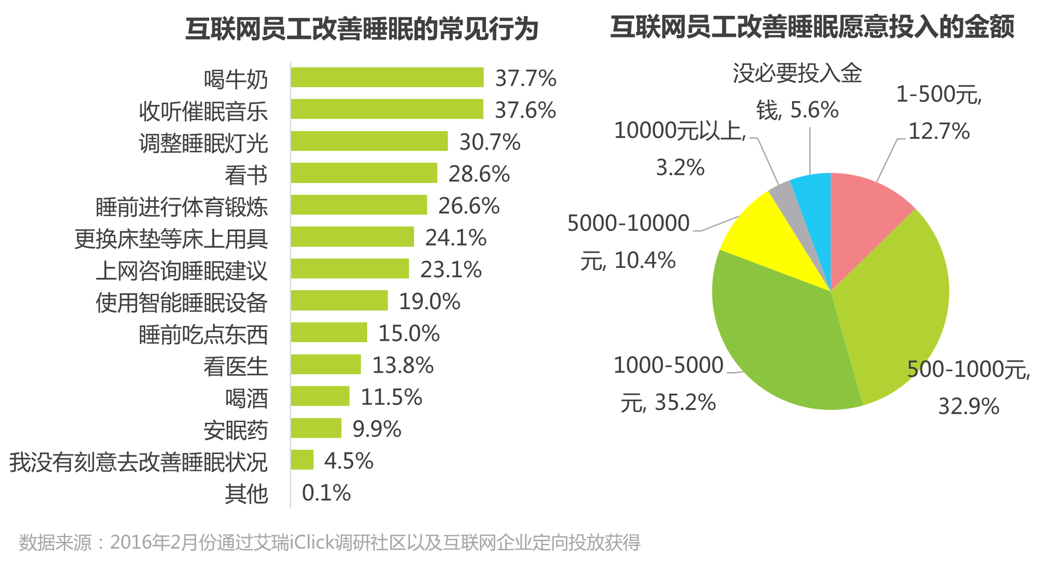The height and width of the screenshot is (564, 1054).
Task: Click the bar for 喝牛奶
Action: pyautogui.click(x=387, y=77)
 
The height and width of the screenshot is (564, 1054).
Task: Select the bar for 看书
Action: pyautogui.click(x=364, y=173)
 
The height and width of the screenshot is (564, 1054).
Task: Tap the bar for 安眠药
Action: pyautogui.click(x=316, y=429)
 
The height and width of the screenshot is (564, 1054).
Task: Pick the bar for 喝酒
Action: pyautogui.click(x=320, y=396)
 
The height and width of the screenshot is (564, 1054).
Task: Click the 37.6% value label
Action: pyautogui.click(x=525, y=110)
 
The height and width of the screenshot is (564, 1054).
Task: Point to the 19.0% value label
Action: pyautogui.click(x=430, y=302)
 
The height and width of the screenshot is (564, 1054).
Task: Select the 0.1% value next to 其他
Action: pyautogui.click(x=326, y=493)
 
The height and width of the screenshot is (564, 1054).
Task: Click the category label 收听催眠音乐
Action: pyautogui.click(x=203, y=111)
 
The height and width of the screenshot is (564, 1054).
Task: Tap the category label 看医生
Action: pyautogui.click(x=236, y=366)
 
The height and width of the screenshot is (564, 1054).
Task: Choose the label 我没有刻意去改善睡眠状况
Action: pyautogui.click(x=138, y=462)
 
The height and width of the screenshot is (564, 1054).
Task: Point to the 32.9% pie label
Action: pyautogui.click(x=969, y=406)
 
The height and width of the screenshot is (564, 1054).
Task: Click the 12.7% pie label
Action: pyautogui.click(x=939, y=131)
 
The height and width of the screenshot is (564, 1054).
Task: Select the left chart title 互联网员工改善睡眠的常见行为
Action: pyautogui.click(x=362, y=28)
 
